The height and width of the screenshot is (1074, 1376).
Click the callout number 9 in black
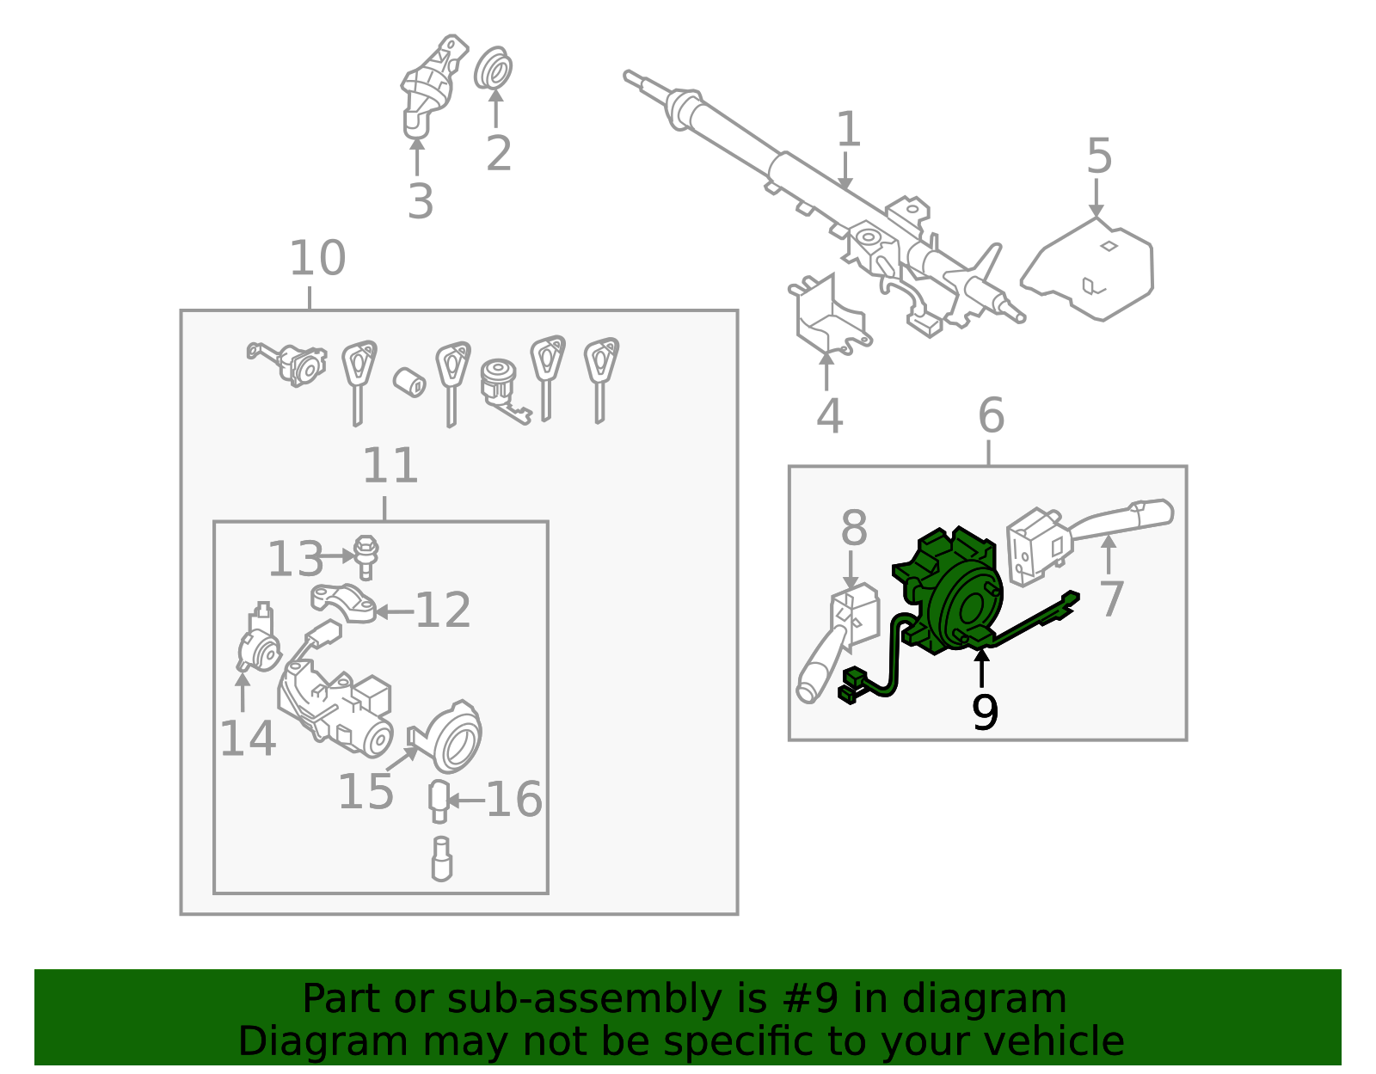(x=985, y=712)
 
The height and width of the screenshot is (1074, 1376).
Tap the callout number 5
(x=1099, y=156)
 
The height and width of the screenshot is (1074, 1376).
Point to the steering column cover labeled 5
(x=1092, y=270)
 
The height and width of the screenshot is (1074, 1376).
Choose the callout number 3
(x=420, y=201)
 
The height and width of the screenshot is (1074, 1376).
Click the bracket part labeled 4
(x=826, y=318)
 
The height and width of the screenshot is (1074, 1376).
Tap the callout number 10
(x=317, y=258)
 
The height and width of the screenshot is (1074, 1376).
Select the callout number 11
(x=390, y=466)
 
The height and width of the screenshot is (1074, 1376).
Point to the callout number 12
(x=443, y=611)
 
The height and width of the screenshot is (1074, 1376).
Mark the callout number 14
(x=248, y=739)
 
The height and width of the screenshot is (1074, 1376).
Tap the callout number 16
(x=513, y=800)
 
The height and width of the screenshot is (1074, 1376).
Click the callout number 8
(x=853, y=528)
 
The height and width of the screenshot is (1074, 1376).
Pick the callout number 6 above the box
(x=991, y=416)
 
